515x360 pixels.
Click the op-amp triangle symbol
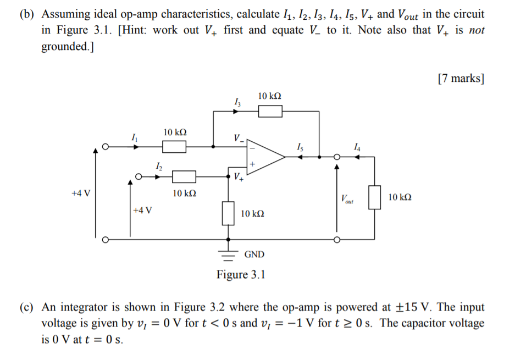(x=264, y=157)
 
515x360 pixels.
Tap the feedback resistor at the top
(x=270, y=112)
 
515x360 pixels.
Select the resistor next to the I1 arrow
(x=174, y=147)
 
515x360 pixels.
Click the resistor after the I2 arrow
(x=184, y=176)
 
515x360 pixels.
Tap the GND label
(x=254, y=254)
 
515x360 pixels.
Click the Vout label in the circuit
(x=347, y=199)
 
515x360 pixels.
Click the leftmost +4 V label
(x=81, y=193)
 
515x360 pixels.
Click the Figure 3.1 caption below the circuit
(x=241, y=274)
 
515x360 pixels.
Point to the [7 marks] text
(x=461, y=79)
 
